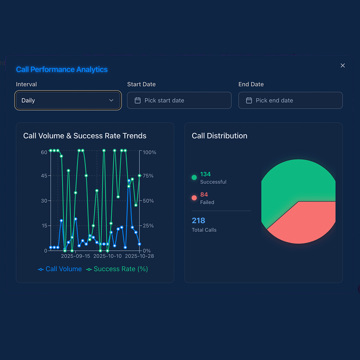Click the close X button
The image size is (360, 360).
click(x=343, y=66)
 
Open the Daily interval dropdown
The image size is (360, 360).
click(x=68, y=100)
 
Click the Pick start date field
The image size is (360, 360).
click(x=179, y=100)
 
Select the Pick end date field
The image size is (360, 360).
click(x=291, y=100)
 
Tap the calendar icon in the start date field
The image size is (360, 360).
click(x=138, y=100)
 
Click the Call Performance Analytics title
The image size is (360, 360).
click(x=62, y=69)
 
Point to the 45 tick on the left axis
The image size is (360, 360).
click(x=44, y=176)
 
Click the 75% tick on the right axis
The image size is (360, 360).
click(x=148, y=176)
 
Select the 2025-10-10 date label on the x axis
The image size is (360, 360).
click(x=108, y=256)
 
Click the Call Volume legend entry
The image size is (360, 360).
click(x=60, y=269)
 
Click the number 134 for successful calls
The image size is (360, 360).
click(x=205, y=174)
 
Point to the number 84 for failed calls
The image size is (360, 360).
click(x=204, y=195)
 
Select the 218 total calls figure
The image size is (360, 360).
click(x=198, y=220)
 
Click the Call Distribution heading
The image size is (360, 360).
click(x=219, y=136)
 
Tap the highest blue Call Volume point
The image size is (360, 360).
click(x=129, y=181)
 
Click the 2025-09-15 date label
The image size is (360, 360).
click(x=76, y=256)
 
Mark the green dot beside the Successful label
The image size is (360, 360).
click(x=194, y=177)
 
